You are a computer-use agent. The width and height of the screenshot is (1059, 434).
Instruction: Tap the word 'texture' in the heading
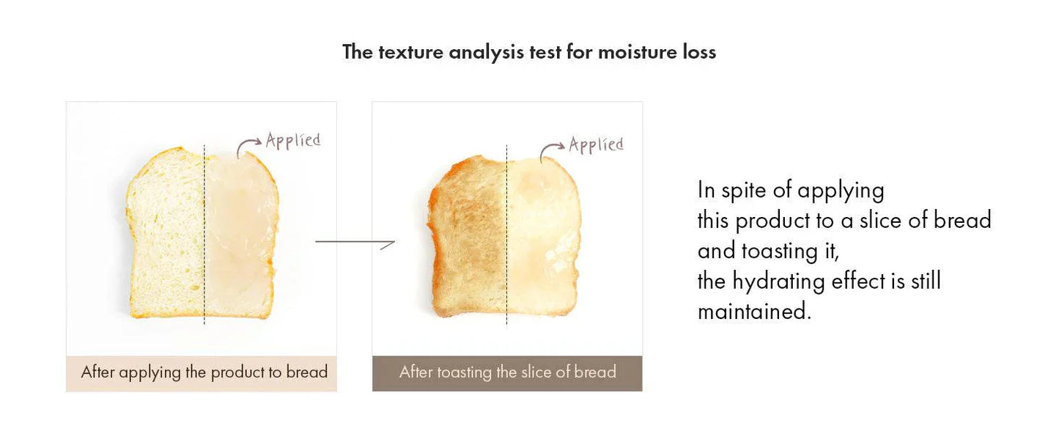point(410,52)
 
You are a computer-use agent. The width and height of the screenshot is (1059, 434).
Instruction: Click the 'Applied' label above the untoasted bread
point(293,141)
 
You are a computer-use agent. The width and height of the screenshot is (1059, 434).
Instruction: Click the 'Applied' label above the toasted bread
point(596,144)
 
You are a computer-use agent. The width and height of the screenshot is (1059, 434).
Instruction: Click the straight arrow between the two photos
point(355,242)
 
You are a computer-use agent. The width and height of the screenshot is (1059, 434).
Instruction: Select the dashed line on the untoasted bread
point(204,235)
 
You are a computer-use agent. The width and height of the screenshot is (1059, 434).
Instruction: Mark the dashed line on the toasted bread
point(507,235)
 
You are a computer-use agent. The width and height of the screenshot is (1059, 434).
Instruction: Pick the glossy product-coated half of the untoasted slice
point(241,234)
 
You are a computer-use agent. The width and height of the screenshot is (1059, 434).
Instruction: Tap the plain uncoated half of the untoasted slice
point(166,234)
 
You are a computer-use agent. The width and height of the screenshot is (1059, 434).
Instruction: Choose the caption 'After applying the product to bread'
point(204,372)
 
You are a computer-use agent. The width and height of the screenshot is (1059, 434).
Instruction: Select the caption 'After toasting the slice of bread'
point(508,372)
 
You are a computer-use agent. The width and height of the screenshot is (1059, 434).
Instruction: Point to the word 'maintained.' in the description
point(755,311)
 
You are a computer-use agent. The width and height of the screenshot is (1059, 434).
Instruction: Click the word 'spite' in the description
point(744,191)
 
